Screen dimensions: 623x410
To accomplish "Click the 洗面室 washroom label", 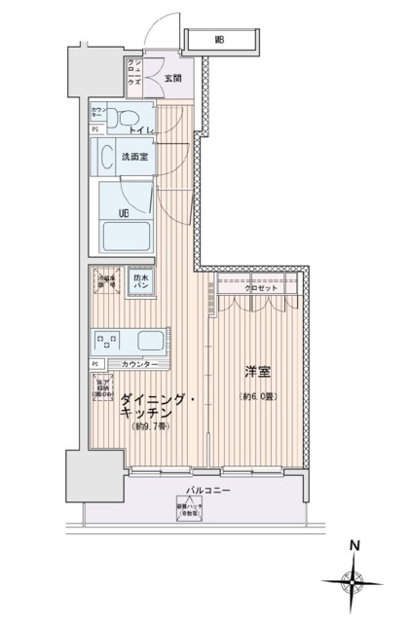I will [x=134, y=157].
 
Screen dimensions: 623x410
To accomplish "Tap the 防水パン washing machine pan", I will [x=140, y=281].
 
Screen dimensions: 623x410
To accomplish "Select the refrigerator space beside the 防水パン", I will [x=107, y=282].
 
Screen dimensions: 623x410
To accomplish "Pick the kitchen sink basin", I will [x=152, y=341].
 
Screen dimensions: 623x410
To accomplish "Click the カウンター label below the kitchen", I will [x=140, y=364].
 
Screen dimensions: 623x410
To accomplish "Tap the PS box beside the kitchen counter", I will [x=95, y=364].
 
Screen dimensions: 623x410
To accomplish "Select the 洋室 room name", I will [x=256, y=372].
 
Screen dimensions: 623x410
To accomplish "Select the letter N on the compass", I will [x=356, y=545].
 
